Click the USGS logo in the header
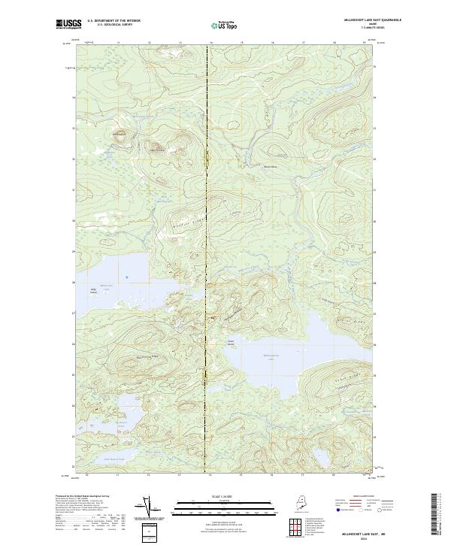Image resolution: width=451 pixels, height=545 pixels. click(68, 24)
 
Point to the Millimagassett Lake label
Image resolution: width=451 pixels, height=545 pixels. click(267, 356)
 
